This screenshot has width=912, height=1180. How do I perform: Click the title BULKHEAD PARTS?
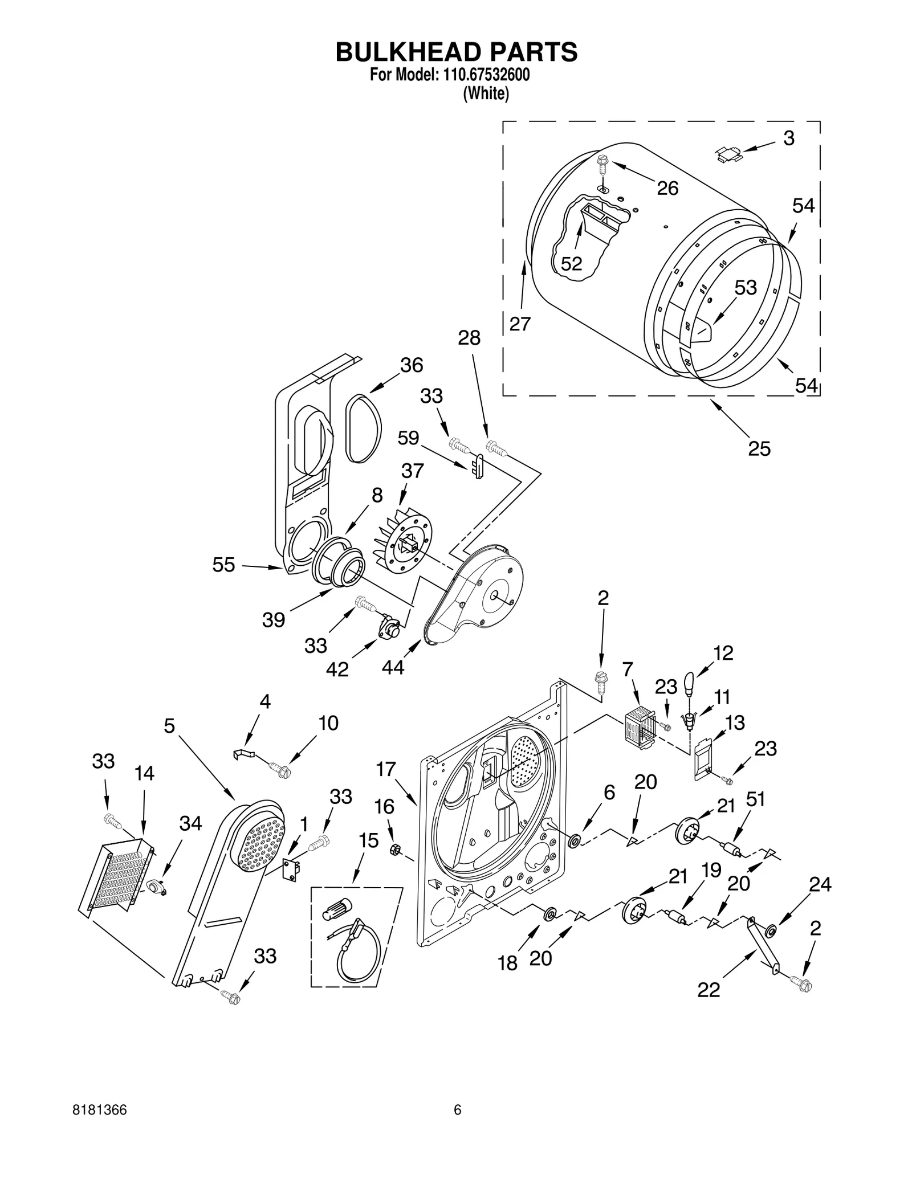click(x=456, y=52)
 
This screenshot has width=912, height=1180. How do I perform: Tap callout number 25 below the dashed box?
click(x=759, y=448)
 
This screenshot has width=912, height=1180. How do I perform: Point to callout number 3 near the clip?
click(x=788, y=138)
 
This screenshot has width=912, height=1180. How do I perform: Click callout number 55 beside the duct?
click(x=223, y=565)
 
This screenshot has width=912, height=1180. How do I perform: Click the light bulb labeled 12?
click(x=689, y=682)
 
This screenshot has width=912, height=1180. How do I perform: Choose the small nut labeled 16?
click(x=393, y=850)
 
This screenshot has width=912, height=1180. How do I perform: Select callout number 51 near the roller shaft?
click(x=755, y=800)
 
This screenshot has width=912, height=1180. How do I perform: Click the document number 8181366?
click(x=99, y=1126)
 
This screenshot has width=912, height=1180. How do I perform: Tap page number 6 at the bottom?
click(x=457, y=1126)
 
